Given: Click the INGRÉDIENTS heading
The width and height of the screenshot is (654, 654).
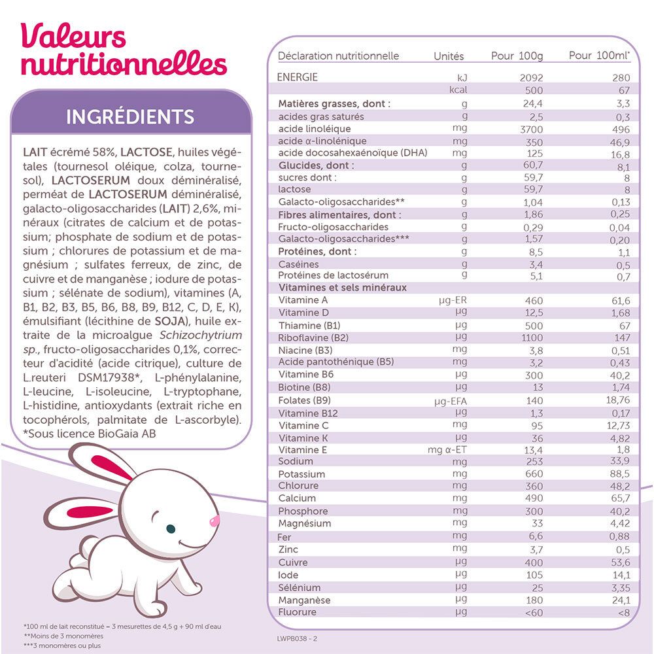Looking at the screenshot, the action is [131, 117].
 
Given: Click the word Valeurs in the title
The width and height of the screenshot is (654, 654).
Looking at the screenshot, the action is [73, 37].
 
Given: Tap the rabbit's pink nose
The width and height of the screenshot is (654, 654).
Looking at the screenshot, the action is [213, 521].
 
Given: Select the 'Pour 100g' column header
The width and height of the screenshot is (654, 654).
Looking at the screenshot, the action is [517, 56].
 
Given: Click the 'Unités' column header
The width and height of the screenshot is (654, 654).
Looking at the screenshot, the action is [449, 56].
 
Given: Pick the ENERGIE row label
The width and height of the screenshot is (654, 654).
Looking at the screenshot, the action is [298, 77].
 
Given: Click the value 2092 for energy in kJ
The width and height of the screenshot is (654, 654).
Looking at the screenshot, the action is [531, 78].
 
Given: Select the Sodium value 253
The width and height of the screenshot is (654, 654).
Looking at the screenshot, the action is [534, 462].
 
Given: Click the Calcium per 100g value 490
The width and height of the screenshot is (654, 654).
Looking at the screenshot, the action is [534, 498].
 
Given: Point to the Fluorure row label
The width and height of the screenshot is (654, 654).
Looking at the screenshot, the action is [298, 612].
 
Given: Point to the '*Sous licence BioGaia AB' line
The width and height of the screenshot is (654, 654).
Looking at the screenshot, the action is [90, 434].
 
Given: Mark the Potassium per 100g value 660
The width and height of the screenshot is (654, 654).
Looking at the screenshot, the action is [534, 474].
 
